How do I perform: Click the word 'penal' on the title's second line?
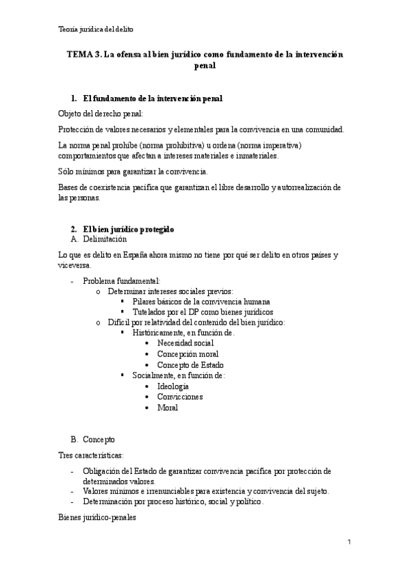point(205,66)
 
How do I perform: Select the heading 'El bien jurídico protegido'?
point(129,228)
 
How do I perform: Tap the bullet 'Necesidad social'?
point(185,343)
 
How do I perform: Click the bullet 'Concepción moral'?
point(187,354)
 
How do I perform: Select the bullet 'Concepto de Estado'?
point(190,365)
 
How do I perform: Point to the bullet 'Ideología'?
point(172,386)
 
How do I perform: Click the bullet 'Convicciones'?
point(179,397)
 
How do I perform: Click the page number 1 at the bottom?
point(349,542)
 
